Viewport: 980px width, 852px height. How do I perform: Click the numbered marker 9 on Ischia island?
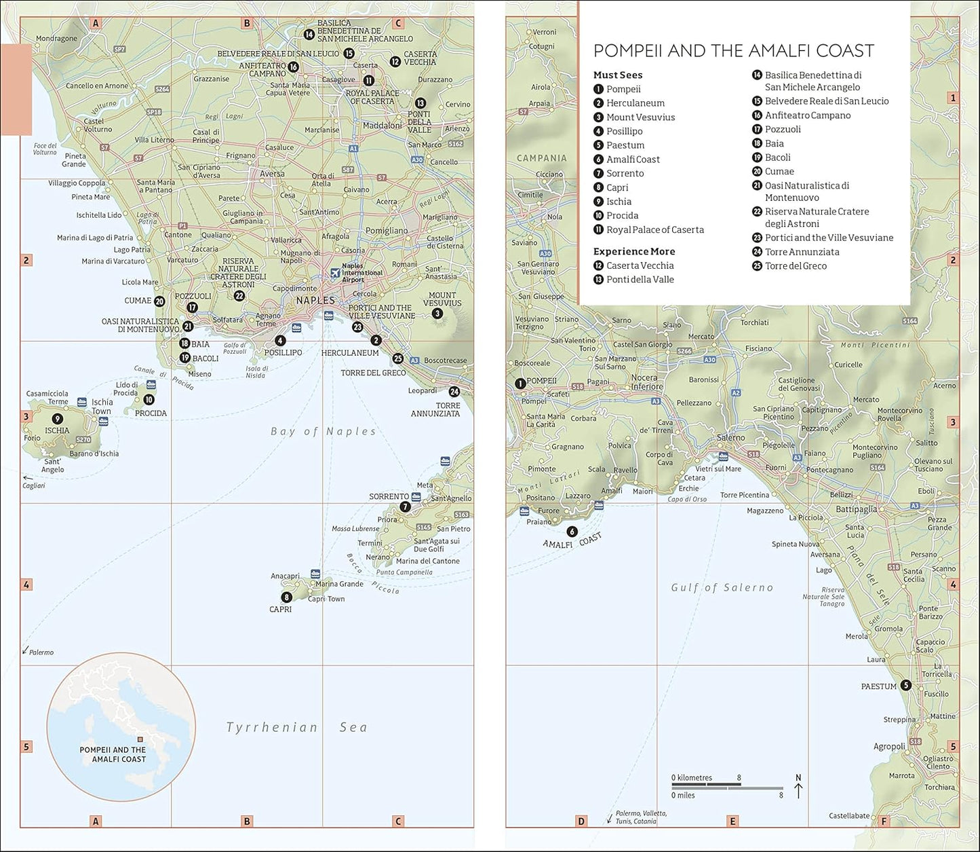[57, 419]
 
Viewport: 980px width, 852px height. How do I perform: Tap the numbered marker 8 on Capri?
[287, 597]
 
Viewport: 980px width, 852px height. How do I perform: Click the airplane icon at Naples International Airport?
[334, 273]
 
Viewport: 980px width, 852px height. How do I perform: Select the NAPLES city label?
[315, 300]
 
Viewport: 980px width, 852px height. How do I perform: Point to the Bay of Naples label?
[323, 431]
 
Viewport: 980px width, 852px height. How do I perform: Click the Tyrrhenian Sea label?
[296, 727]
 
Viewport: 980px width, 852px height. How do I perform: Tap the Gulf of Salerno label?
[722, 587]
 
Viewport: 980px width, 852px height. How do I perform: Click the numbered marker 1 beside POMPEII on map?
[520, 384]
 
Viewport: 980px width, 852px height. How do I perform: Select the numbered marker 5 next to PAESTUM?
[906, 686]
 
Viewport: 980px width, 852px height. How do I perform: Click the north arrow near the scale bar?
[798, 788]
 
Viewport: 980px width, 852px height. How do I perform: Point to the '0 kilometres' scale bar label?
[692, 778]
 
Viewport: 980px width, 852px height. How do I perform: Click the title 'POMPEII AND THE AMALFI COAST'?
[733, 51]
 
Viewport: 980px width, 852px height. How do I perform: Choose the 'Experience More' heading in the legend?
[633, 251]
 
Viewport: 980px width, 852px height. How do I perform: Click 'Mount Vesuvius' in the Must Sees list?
[640, 117]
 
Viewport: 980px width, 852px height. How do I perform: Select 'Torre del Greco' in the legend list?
[796, 266]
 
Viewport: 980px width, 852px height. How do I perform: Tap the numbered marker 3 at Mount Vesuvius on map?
[437, 314]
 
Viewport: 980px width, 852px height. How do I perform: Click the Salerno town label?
[730, 438]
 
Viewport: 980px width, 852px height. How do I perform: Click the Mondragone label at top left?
[56, 39]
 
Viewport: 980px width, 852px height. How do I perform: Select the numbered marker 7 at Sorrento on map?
[405, 506]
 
